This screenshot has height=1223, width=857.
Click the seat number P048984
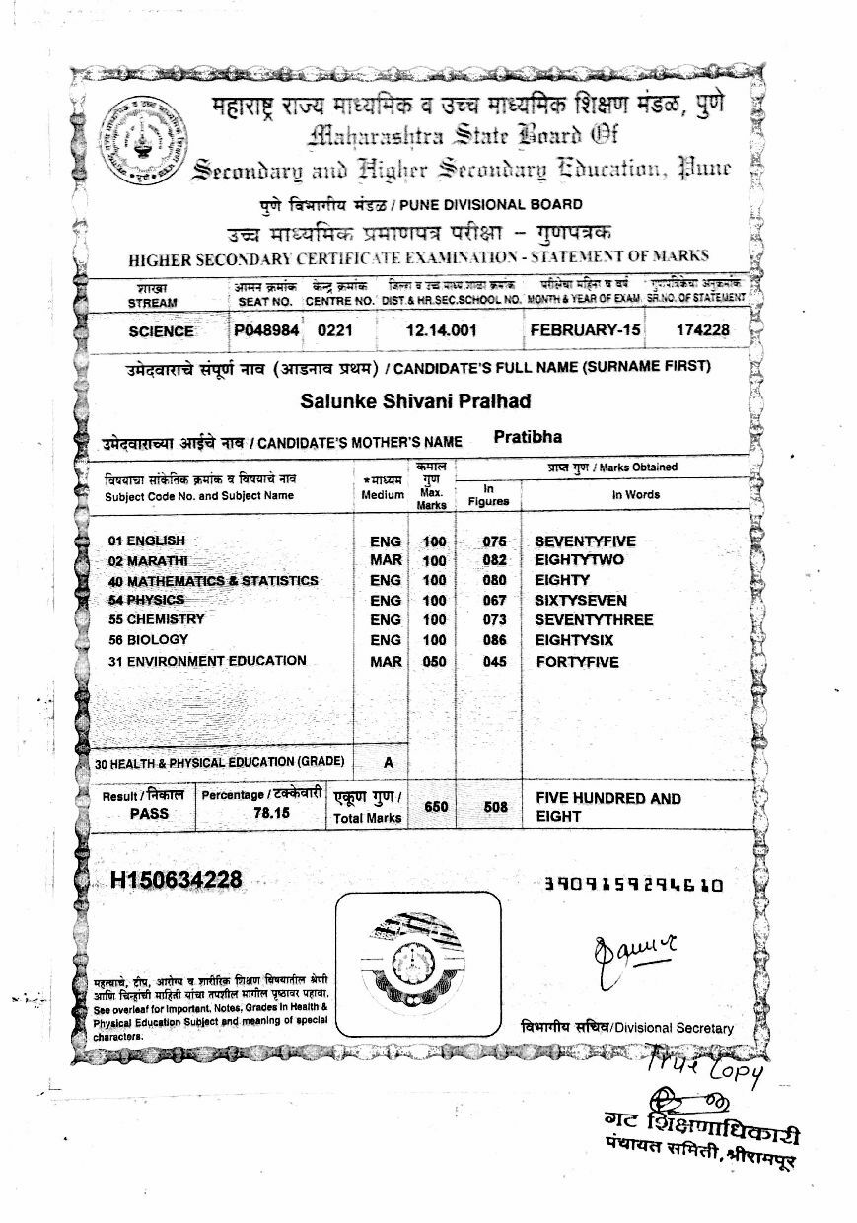point(265,330)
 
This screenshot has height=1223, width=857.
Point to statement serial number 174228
point(702,330)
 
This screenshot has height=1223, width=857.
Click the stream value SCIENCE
point(161,331)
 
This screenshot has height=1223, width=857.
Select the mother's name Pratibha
point(528,437)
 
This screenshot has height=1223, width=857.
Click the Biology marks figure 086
point(494,640)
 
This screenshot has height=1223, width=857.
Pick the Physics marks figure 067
point(494,600)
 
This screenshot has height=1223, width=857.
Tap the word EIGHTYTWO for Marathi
point(579,560)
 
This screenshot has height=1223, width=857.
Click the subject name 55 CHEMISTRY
point(157,619)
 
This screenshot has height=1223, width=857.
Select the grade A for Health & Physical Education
point(389,762)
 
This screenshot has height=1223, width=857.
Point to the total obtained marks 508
point(496,807)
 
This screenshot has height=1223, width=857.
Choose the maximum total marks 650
point(436,807)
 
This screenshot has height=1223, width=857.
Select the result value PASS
point(149,814)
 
